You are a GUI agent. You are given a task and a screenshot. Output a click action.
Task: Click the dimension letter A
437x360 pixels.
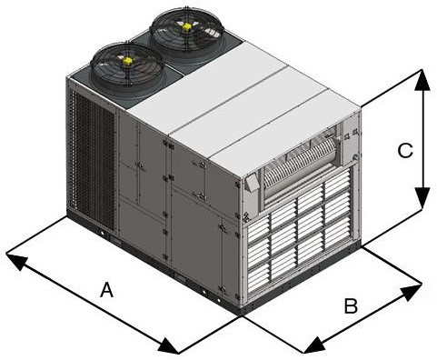coord(106,291)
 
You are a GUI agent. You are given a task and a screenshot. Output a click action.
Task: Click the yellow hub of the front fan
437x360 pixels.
coord(127,61)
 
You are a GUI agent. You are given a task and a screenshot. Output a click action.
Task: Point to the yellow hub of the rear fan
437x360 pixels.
coord(186,27)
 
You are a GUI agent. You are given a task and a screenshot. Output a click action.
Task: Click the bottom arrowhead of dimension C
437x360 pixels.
coord(420,202)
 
